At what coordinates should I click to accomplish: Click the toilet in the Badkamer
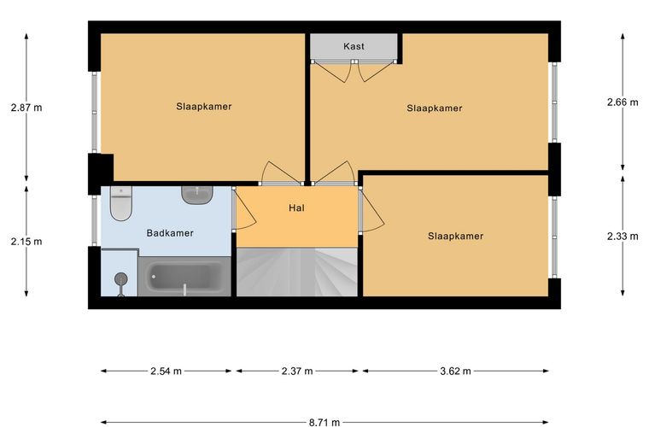121,202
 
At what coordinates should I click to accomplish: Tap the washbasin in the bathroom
197,195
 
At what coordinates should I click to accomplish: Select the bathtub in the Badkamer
184,277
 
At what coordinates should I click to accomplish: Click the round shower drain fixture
121,279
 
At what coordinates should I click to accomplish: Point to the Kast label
354,46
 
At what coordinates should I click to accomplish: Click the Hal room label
297,208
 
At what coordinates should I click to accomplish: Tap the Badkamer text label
170,233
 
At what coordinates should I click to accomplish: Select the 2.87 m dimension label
26,108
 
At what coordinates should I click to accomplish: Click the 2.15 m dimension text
26,241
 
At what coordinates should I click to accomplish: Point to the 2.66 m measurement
623,102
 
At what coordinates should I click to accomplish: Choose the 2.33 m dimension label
623,237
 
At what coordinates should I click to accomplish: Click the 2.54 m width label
166,371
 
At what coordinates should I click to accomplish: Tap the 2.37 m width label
297,371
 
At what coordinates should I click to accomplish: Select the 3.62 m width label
455,371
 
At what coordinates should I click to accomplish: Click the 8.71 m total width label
324,423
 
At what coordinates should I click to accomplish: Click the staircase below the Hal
297,272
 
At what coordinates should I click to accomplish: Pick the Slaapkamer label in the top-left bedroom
203,107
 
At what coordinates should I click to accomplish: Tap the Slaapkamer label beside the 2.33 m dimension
455,236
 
